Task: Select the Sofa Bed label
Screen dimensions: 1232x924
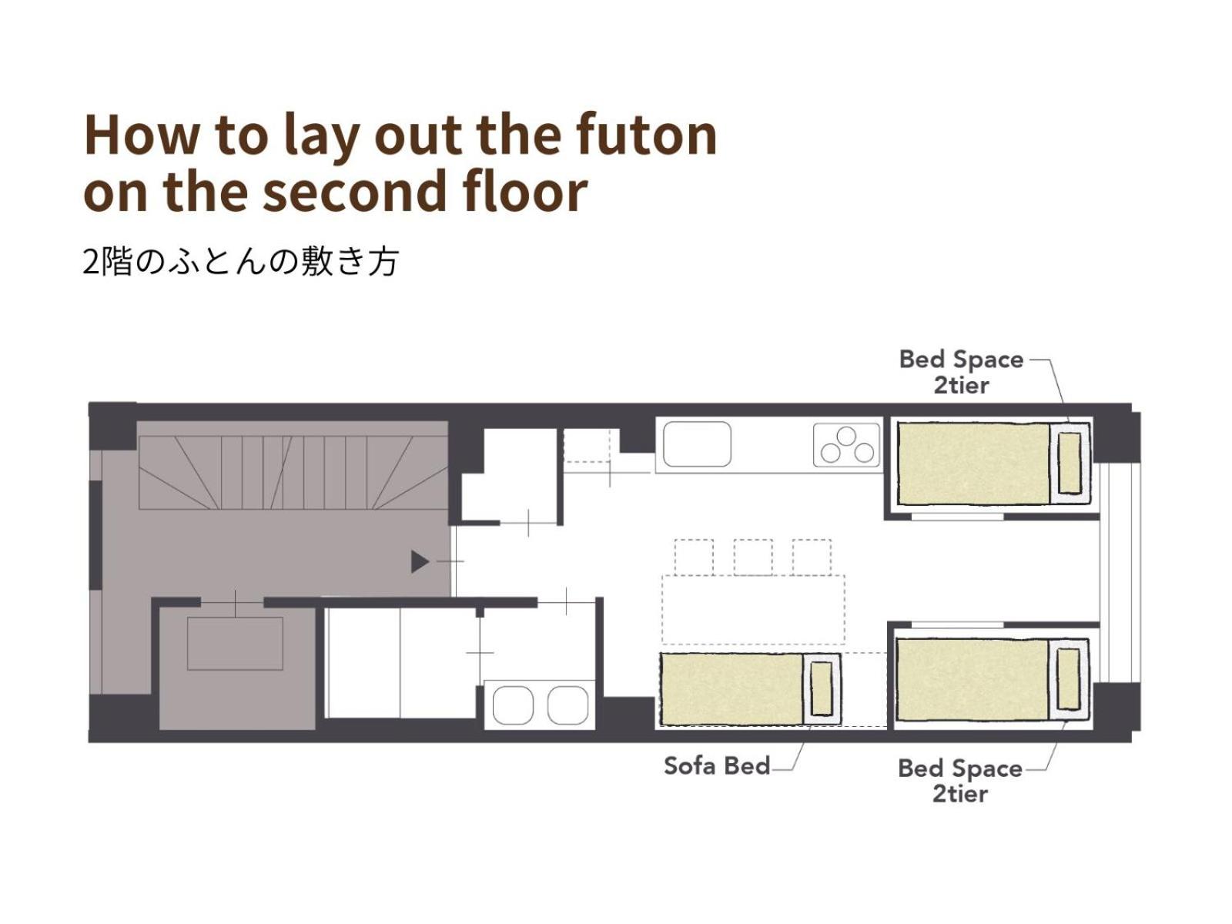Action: (716, 766)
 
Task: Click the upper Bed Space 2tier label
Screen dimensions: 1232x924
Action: (961, 373)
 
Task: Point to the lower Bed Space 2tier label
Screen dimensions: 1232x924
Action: (959, 781)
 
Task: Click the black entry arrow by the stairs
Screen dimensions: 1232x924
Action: (420, 561)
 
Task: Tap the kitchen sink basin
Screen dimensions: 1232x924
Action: (697, 444)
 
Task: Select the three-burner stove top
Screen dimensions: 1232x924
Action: (846, 445)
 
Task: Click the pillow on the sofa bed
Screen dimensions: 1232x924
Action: (821, 688)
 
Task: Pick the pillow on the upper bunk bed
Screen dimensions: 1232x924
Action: (1070, 463)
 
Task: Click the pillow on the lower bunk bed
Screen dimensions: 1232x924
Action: (1068, 679)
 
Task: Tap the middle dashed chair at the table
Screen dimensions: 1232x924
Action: (752, 557)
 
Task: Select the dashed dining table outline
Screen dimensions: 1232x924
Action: (753, 609)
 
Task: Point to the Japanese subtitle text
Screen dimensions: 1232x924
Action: (240, 262)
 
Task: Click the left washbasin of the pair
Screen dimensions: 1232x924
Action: (513, 705)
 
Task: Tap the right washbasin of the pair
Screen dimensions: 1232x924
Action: (568, 705)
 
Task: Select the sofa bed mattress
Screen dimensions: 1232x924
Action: (731, 689)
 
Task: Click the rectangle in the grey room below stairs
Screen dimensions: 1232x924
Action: (235, 644)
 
